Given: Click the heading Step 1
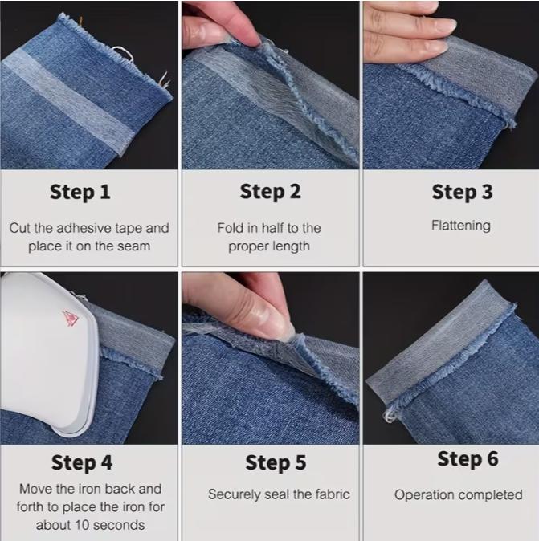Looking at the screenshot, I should click(80, 193).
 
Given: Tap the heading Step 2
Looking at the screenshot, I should click(270, 193).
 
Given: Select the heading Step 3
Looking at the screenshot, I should click(461, 193).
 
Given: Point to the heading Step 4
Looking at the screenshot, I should click(82, 463).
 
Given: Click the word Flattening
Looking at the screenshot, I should click(460, 226).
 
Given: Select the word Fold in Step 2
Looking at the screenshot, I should click(230, 228).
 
